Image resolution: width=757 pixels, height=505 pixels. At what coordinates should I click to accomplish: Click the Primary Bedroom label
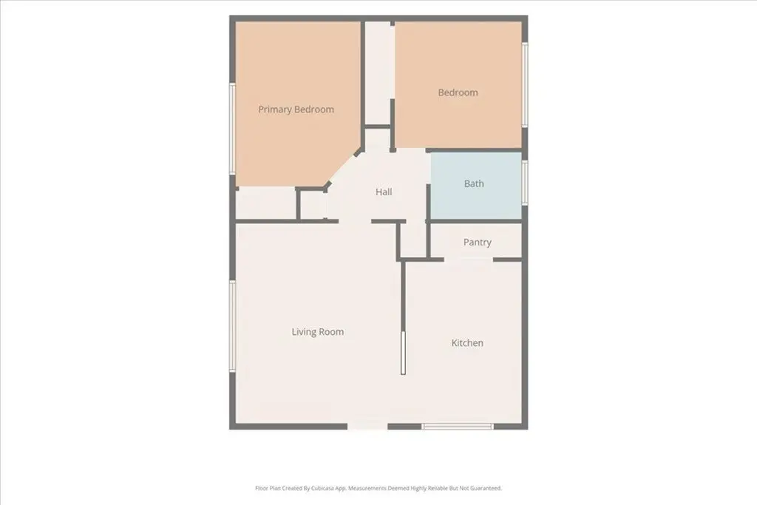pos(296,109)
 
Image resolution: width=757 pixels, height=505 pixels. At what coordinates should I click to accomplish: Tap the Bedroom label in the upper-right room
pos(458,92)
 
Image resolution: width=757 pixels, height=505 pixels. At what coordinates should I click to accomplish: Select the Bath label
pos(474,183)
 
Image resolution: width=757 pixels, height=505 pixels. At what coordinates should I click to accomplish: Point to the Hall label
pos(384,192)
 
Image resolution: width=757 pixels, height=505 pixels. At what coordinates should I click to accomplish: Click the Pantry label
pos(478,243)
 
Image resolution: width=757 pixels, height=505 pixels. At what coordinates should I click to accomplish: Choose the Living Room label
pos(318,332)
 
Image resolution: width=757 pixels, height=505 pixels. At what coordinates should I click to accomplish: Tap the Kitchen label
pos(467,343)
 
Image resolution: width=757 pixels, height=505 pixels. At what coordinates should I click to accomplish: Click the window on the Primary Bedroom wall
pos(232,129)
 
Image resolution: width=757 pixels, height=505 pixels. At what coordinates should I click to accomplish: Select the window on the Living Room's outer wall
pos(232,326)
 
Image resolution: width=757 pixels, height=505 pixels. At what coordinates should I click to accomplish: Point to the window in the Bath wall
pos(525,183)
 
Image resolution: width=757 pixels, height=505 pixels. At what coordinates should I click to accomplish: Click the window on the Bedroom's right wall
pos(525,86)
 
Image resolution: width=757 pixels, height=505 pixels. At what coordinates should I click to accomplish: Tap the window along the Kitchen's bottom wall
pos(457,427)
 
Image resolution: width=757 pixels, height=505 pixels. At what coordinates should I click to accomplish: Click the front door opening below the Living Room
pos(367,427)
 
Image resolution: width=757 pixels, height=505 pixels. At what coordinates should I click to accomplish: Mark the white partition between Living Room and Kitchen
pos(403,353)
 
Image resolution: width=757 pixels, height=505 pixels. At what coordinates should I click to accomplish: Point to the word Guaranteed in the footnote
pos(487,488)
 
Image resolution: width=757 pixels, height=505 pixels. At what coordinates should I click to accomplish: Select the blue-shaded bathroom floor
pos(476,186)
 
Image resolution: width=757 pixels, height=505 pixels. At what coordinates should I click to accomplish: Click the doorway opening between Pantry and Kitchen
pos(468,260)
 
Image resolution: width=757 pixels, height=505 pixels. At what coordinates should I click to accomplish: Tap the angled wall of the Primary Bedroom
pos(343,169)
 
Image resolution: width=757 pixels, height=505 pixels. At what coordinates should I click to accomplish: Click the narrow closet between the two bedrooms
pos(378,72)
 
